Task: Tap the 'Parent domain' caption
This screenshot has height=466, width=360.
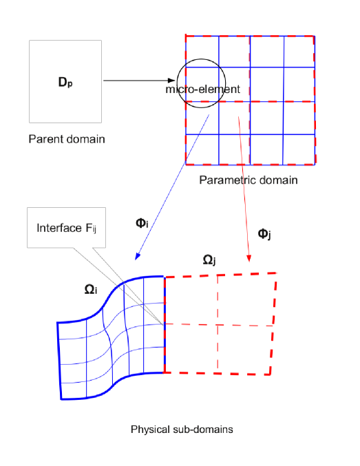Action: [67, 140]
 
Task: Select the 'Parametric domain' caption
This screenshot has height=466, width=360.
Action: [248, 180]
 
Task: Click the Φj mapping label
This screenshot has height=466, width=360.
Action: [264, 234]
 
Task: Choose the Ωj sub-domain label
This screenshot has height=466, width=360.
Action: [209, 260]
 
